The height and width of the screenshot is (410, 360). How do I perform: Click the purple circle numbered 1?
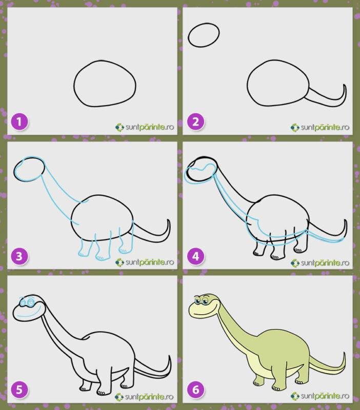(x=19, y=122)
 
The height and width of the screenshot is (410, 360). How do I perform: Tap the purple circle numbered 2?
(x=196, y=122)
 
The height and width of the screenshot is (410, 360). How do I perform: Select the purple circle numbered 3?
(x=19, y=256)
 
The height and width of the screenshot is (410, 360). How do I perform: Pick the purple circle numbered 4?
(x=196, y=256)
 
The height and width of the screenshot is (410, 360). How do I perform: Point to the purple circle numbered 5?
(x=19, y=390)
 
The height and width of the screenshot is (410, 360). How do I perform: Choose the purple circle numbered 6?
(x=196, y=390)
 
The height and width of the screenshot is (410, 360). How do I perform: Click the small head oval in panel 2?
(x=204, y=35)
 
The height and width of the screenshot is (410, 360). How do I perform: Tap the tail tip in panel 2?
(x=344, y=85)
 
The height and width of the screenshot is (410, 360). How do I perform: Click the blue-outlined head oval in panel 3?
(x=29, y=169)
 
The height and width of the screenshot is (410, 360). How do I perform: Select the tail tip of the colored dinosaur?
(x=344, y=353)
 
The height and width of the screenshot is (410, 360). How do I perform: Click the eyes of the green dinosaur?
(x=201, y=300)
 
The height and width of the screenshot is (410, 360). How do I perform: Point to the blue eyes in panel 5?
(x=27, y=302)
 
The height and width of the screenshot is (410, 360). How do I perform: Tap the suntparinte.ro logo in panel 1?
(x=145, y=127)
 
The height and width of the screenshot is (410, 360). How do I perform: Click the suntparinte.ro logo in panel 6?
(x=320, y=396)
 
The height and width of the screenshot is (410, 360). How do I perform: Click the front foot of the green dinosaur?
(x=276, y=388)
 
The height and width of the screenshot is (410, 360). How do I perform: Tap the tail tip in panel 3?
(x=168, y=220)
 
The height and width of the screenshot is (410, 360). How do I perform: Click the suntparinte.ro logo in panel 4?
(x=320, y=262)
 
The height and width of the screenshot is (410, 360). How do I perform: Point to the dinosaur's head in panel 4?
(x=201, y=170)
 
